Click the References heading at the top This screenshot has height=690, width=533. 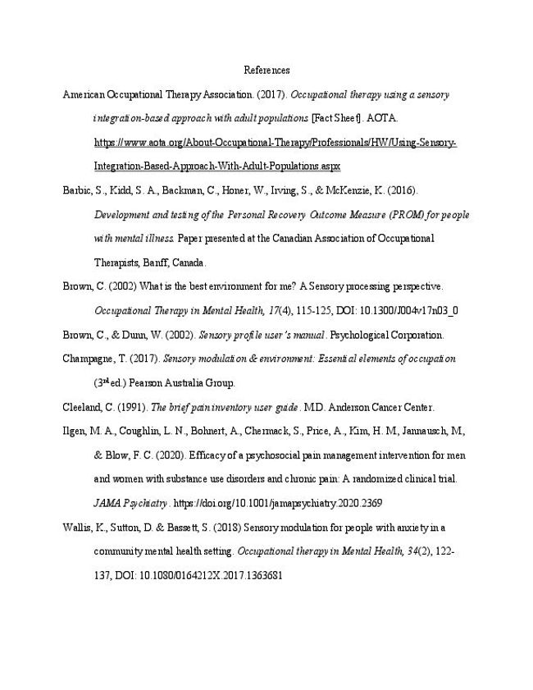pos(266,71)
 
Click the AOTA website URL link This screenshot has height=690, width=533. pos(276,143)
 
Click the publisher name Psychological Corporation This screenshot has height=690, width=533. pos(391,335)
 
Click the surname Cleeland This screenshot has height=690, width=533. pos(83,407)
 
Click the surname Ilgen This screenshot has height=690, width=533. pos(75,431)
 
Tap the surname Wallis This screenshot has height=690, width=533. pos(77,527)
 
